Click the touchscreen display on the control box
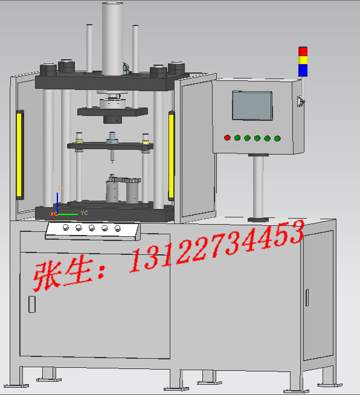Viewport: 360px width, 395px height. coord(252,106)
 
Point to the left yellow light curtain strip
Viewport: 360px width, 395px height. coord(19,155)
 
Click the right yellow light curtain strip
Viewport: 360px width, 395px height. coord(172,155)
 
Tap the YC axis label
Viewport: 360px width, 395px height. coord(85,213)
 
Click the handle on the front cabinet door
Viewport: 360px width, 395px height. coord(31,304)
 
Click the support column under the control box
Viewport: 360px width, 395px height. coord(259,184)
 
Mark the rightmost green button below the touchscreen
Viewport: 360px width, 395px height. coord(277,138)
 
